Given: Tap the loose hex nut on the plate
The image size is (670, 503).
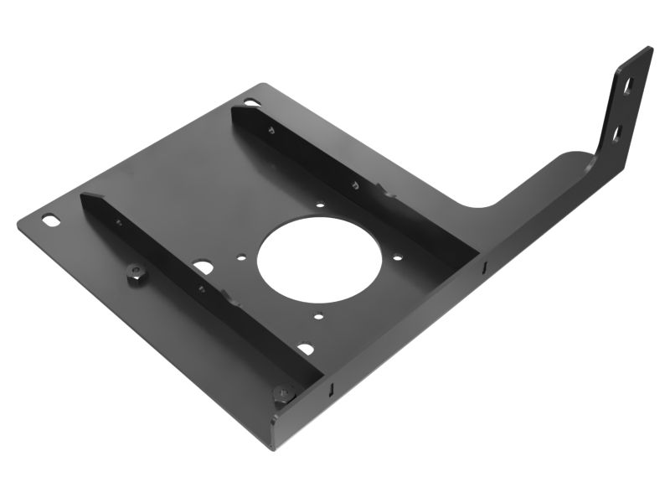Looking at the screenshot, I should pos(137,274).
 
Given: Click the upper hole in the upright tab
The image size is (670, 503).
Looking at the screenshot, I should pos(626,86).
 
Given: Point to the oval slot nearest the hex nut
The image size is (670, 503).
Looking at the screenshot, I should pos(52,220).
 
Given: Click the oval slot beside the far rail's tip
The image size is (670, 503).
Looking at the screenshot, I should pos(251,102).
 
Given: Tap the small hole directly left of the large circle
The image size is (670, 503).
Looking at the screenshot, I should pos(241,259).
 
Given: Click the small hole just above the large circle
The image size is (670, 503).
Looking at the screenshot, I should pos(320,203).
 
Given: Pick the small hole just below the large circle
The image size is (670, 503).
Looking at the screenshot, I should pos(319,316).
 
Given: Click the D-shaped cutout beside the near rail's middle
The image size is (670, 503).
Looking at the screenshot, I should pos(204,267).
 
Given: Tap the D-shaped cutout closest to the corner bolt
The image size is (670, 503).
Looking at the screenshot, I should pos(306,348).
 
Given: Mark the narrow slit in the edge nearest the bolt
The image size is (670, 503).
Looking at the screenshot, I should pos(332,388).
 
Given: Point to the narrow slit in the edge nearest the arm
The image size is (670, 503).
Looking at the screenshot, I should pos(484,267).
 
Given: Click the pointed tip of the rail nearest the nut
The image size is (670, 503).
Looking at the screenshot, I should pos(85,196).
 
